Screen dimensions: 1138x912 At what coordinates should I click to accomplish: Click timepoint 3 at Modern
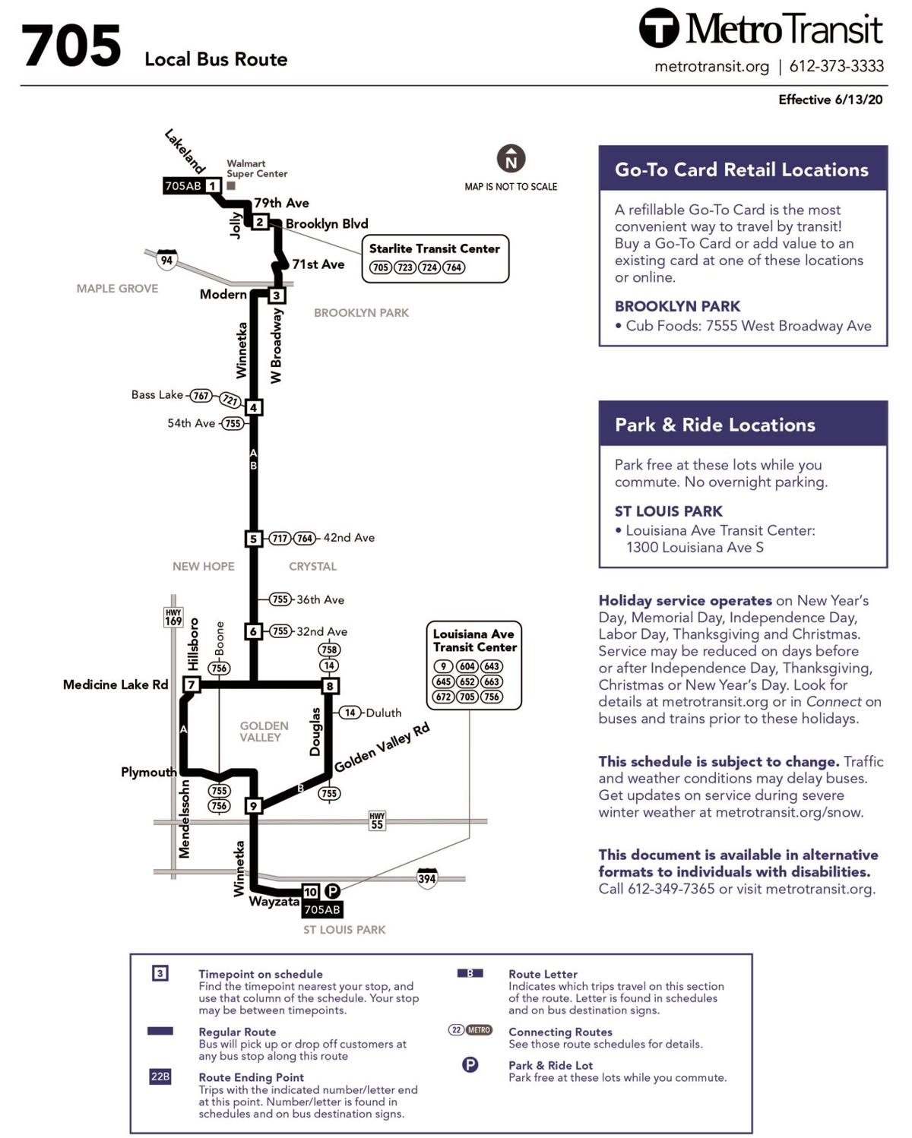pyautogui.click(x=277, y=296)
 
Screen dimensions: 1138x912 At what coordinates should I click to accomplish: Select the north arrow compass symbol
pyautogui.click(x=511, y=159)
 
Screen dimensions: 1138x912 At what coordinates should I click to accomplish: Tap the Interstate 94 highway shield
pyautogui.click(x=166, y=260)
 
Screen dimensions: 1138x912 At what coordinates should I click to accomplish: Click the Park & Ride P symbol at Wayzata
pyautogui.click(x=332, y=891)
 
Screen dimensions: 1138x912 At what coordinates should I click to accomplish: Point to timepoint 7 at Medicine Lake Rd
pyautogui.click(x=192, y=684)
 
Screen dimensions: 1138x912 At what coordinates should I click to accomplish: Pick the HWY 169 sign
pyautogui.click(x=173, y=617)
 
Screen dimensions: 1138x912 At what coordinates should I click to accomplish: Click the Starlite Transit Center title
pyautogui.click(x=434, y=248)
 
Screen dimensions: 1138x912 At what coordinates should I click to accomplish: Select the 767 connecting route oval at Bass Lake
pyautogui.click(x=201, y=395)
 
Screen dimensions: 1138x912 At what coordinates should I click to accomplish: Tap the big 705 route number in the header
pyautogui.click(x=71, y=46)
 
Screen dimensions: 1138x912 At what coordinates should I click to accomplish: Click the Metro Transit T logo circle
pyautogui.click(x=658, y=28)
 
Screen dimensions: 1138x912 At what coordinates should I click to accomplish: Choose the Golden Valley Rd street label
pyautogui.click(x=382, y=748)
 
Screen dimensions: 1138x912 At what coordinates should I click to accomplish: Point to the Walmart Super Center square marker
pyautogui.click(x=231, y=185)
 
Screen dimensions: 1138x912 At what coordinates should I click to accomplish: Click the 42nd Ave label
pyautogui.click(x=349, y=538)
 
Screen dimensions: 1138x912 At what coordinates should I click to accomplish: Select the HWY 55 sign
pyautogui.click(x=377, y=820)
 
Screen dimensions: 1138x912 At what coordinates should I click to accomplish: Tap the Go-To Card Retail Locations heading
pyautogui.click(x=741, y=169)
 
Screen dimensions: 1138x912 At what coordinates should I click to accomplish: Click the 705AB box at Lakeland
pyautogui.click(x=183, y=186)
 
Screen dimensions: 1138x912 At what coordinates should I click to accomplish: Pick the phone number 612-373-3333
pyautogui.click(x=836, y=66)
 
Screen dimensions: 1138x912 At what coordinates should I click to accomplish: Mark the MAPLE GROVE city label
pyautogui.click(x=117, y=289)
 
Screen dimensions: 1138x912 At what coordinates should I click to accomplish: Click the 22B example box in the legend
pyautogui.click(x=160, y=1076)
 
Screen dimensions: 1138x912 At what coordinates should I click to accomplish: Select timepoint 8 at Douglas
pyautogui.click(x=330, y=686)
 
